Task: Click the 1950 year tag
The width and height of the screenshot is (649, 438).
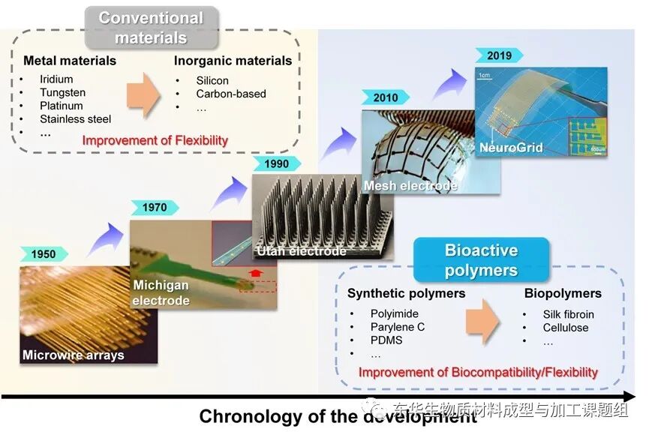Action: [44, 254]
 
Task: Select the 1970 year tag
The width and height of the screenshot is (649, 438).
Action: [154, 207]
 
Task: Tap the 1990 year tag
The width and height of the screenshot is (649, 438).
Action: [276, 164]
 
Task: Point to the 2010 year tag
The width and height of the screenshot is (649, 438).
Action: [386, 98]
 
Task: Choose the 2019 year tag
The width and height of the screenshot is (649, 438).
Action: [499, 55]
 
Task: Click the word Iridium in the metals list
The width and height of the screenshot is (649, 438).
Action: [56, 79]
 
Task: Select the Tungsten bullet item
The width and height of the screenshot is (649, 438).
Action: [62, 92]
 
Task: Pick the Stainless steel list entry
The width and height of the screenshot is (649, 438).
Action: [75, 119]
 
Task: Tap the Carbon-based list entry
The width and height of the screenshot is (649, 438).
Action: [231, 94]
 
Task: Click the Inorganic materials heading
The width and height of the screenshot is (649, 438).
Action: [233, 61]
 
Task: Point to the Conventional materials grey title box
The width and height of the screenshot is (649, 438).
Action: [151, 27]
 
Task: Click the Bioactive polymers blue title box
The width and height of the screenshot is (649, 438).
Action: [481, 259]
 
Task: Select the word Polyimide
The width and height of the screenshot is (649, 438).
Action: [395, 313]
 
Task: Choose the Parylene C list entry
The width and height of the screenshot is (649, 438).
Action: [397, 327]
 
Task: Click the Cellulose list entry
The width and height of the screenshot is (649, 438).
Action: [566, 327]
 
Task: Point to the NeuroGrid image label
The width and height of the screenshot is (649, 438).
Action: [511, 148]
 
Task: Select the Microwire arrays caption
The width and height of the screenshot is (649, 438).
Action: [73, 355]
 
